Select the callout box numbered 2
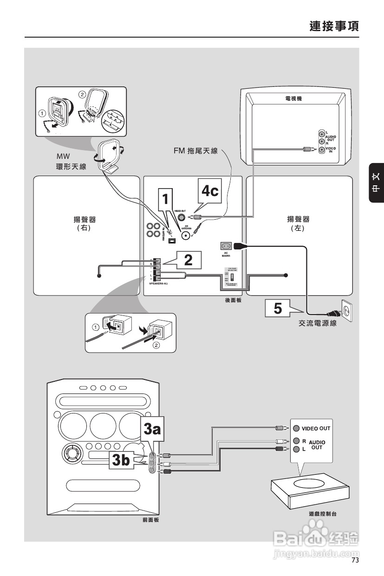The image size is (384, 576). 188,260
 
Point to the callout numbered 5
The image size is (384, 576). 277,308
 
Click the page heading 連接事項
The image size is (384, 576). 334,26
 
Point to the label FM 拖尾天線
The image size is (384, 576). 195,151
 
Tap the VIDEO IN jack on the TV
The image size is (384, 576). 321,149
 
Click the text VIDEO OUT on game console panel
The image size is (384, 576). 316,428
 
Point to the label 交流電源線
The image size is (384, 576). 318,324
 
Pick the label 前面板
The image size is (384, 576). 150,520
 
